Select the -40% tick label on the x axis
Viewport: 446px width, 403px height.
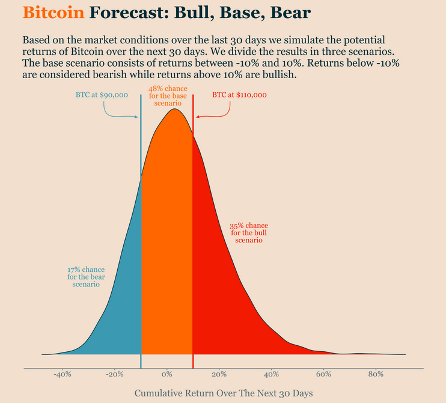[63, 374]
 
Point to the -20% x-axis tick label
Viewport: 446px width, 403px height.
[115, 374]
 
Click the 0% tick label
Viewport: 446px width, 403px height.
[167, 374]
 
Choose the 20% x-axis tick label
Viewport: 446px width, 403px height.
[219, 374]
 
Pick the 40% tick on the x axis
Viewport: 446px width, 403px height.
[272, 374]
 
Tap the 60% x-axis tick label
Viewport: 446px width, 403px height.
[323, 374]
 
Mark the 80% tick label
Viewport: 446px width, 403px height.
[376, 374]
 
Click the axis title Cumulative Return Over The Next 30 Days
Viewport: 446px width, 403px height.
[224, 393]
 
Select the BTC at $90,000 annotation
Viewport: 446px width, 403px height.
[102, 95]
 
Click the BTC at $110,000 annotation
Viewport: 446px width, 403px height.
[239, 95]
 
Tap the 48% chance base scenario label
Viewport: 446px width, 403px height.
[168, 96]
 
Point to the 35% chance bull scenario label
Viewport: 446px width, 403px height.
[249, 233]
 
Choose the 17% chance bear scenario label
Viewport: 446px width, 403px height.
[86, 277]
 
